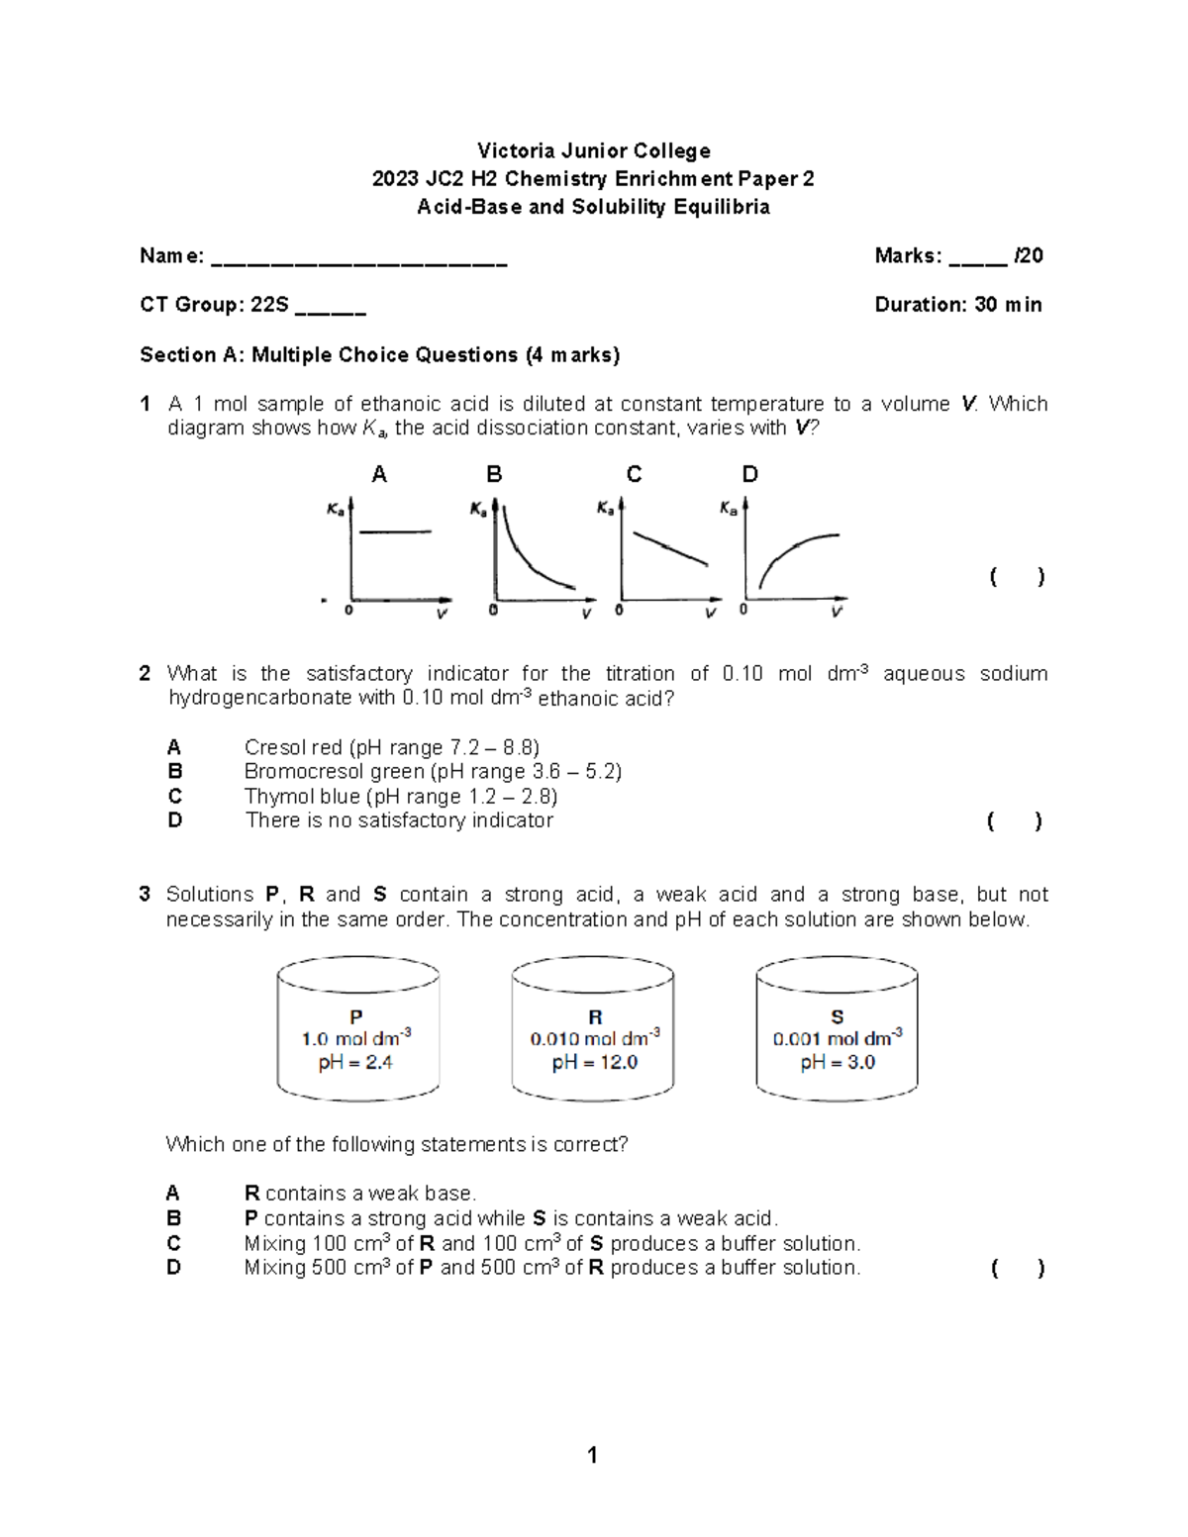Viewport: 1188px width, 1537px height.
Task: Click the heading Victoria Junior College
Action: tap(593, 150)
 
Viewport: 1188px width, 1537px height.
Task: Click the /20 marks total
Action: tap(1029, 255)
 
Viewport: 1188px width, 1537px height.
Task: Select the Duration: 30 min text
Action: tap(957, 305)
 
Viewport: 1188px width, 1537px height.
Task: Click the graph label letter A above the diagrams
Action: tap(379, 475)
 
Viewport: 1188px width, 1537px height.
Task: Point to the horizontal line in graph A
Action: tap(395, 532)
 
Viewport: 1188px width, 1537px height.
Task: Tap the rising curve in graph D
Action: tap(792, 550)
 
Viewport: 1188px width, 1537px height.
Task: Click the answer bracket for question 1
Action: tap(1017, 577)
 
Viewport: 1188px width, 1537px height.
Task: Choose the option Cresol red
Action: tap(294, 747)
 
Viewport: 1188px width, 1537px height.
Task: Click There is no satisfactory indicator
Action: tap(399, 820)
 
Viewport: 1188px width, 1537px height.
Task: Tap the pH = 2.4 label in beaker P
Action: tap(355, 1063)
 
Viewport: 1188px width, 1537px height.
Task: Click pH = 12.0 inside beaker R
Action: tap(594, 1063)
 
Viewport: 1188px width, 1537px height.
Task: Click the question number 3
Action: tap(145, 895)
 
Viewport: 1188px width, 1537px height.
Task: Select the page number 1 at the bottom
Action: tap(592, 1455)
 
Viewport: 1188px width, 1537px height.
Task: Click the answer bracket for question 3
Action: tap(1017, 1269)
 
